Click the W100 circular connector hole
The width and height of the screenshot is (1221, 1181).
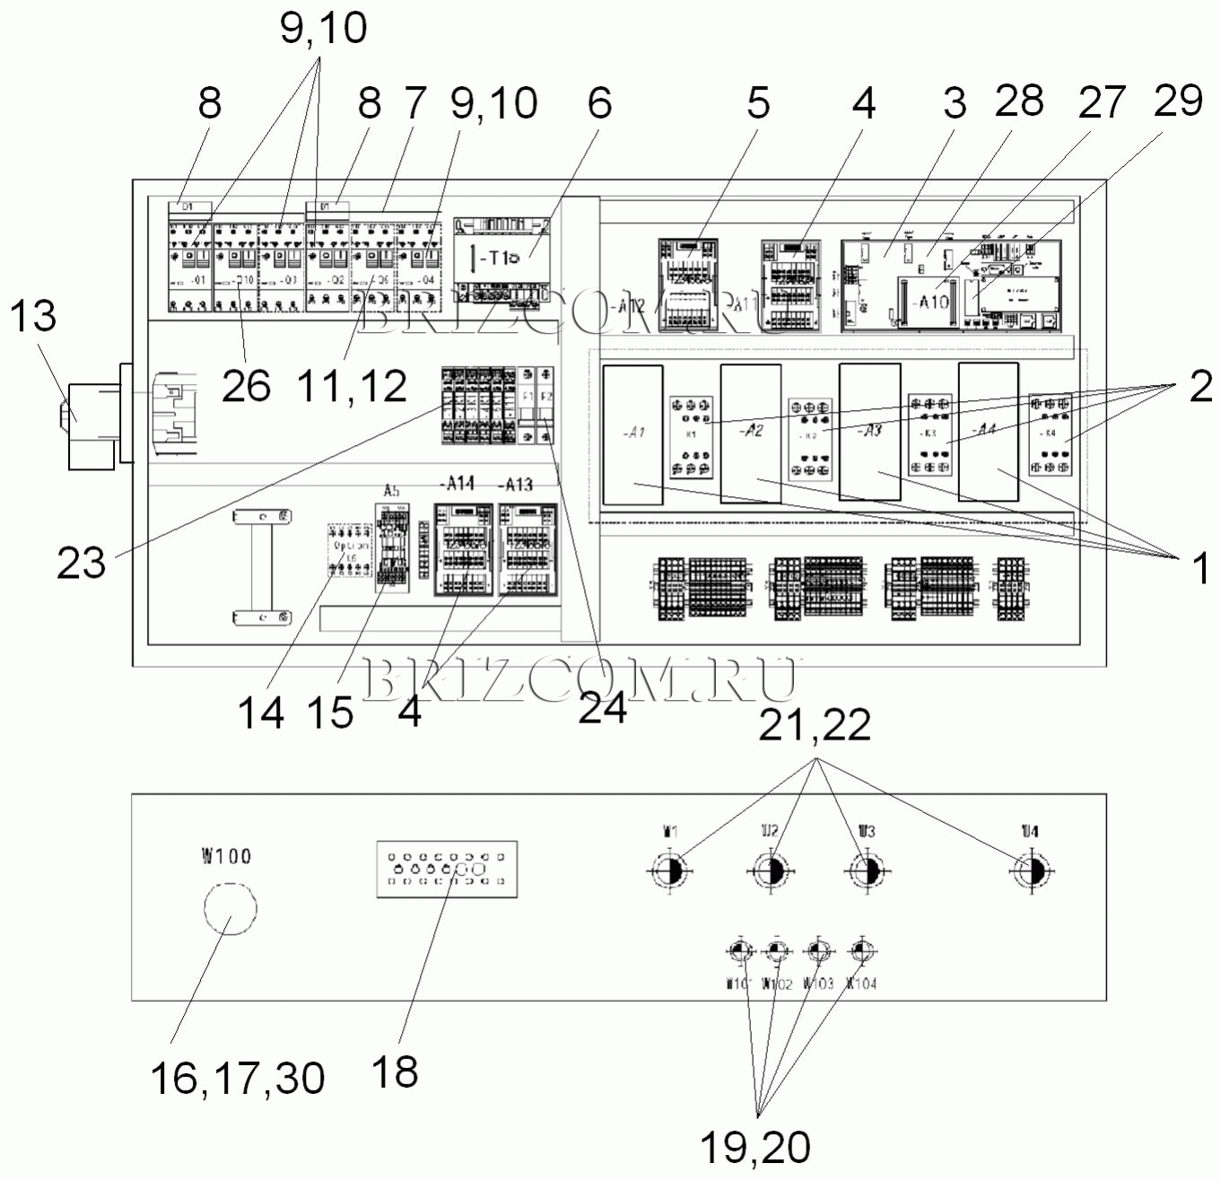(x=230, y=908)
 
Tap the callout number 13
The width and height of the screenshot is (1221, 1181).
(x=32, y=316)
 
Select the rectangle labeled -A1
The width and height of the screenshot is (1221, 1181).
(x=632, y=433)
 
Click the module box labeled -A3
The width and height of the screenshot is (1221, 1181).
(x=869, y=431)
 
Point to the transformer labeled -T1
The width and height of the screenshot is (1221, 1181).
(x=502, y=258)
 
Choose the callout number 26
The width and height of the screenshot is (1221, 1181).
(x=246, y=386)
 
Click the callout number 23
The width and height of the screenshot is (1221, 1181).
(x=81, y=564)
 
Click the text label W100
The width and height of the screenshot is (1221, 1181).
(x=226, y=855)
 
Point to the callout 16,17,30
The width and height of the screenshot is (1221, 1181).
(x=237, y=1077)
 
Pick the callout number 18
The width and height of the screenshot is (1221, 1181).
(x=394, y=1072)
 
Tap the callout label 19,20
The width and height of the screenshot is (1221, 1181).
(x=755, y=1147)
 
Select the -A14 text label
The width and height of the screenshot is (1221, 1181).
(x=458, y=484)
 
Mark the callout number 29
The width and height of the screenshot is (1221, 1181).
(x=1177, y=101)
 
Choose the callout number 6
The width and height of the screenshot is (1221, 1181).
(x=599, y=103)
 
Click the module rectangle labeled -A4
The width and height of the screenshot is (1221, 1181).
(x=988, y=431)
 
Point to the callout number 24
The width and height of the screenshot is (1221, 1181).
(x=602, y=709)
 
